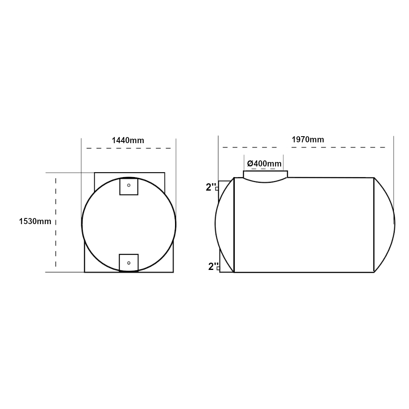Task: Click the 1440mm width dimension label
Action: [x=128, y=140]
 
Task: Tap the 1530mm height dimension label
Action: [x=35, y=221]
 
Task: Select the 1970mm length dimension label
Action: [x=308, y=139]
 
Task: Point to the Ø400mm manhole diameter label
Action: [x=264, y=164]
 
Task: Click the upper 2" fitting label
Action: [x=211, y=187]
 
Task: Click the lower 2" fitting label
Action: [x=213, y=267]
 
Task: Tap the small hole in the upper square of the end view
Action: [x=128, y=185]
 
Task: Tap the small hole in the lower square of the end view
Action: [x=128, y=263]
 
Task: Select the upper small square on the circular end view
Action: [x=128, y=186]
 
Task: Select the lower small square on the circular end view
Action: [x=128, y=263]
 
